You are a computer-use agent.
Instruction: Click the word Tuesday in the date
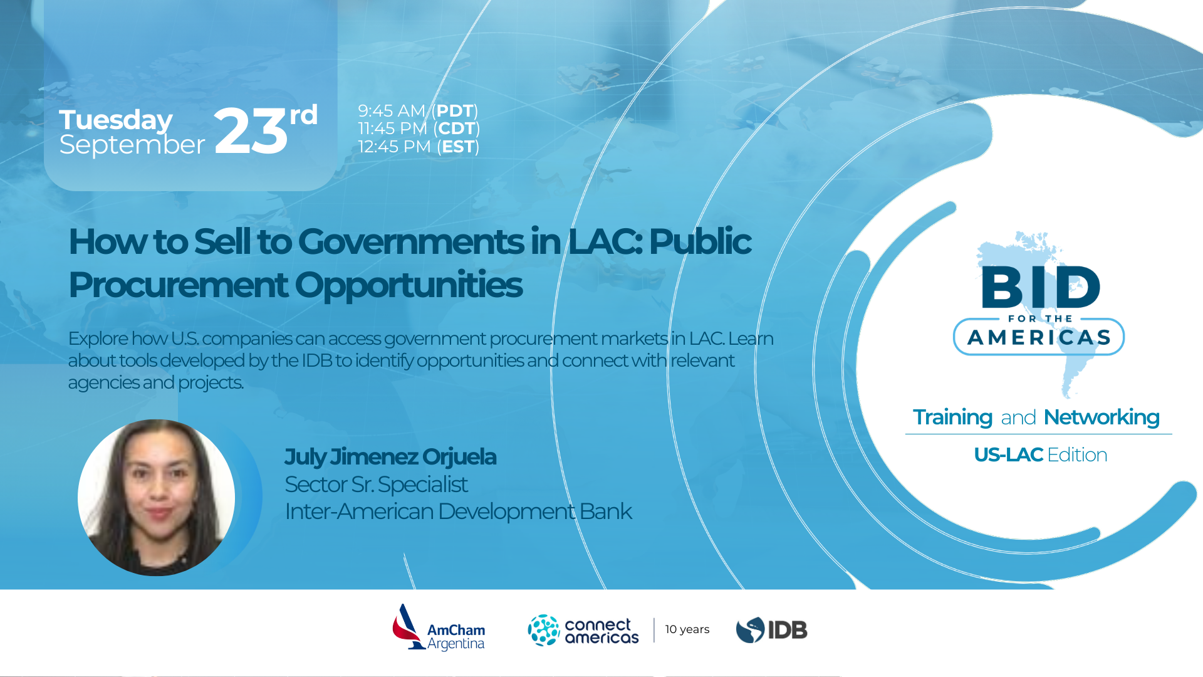[115, 120]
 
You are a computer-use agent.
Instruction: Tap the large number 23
[251, 130]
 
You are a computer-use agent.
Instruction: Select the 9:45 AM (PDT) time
[418, 111]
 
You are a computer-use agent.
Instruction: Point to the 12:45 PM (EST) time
[419, 147]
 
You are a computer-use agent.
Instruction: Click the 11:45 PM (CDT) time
[419, 129]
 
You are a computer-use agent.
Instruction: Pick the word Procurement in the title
[178, 285]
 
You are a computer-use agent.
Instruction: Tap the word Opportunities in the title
[409, 286]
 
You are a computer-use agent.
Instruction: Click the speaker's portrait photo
[156, 497]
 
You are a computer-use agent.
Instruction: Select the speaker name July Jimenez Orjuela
[390, 457]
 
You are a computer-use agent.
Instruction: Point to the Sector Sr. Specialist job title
[376, 485]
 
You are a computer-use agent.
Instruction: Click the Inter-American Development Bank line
[459, 512]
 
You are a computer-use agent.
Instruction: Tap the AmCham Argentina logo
[439, 628]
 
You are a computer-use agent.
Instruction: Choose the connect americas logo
[583, 630]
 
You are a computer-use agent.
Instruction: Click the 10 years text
[687, 629]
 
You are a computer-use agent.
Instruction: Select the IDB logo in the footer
[771, 630]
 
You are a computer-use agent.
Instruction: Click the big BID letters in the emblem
[1041, 286]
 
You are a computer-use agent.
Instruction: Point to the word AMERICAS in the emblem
[1039, 338]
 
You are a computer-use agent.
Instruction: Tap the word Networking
[1101, 417]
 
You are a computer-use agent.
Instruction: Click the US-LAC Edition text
[1041, 454]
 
